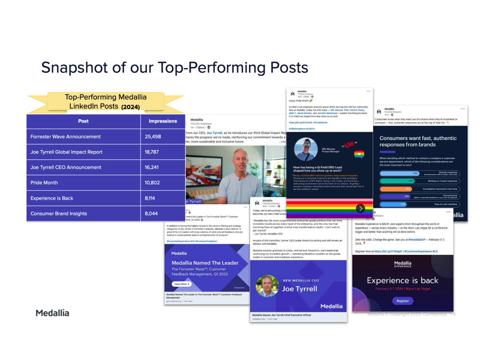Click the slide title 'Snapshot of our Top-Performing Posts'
pos(174,67)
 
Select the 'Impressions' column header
pos(163,121)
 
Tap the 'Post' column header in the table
pos(83,121)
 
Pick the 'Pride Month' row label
pos(44,183)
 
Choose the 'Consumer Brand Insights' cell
pos(59,213)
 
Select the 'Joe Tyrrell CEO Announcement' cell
pos(66,167)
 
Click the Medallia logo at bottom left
pos(52,313)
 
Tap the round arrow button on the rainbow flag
pos(360,208)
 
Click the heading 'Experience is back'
pos(402,280)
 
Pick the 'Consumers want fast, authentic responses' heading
pos(417,141)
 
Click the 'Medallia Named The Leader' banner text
pos(205,263)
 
